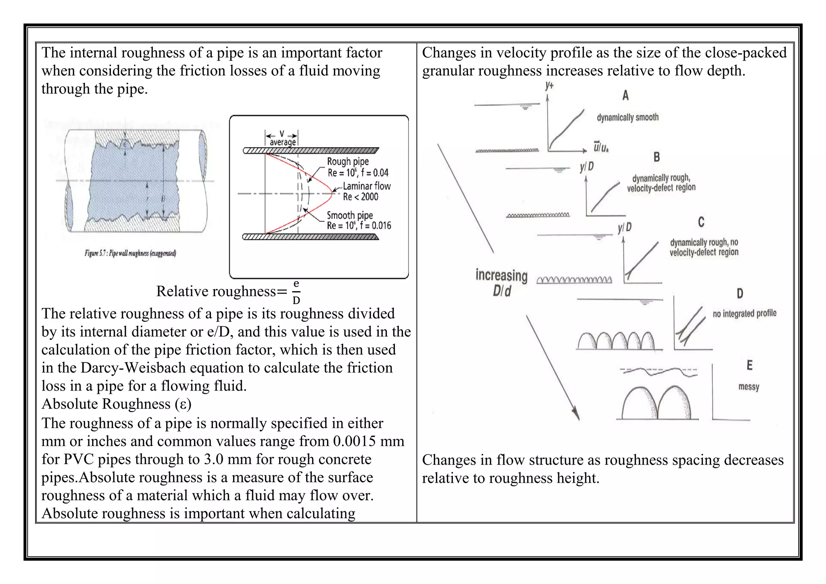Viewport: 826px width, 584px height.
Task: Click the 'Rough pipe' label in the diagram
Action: tap(348, 162)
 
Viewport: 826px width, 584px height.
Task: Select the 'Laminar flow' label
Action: tap(367, 186)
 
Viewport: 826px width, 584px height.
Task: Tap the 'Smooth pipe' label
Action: tap(349, 215)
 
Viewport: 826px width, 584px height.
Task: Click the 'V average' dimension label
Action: tap(282, 138)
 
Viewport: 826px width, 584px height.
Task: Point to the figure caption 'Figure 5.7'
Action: tap(130, 253)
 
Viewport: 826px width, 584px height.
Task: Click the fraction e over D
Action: tap(296, 292)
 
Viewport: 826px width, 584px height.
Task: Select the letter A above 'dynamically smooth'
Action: tap(625, 96)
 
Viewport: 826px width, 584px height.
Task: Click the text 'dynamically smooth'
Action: tap(628, 117)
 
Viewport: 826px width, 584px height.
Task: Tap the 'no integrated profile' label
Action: tap(744, 313)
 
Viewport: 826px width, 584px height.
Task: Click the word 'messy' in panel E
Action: tap(749, 386)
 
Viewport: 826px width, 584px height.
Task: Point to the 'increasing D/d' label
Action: tap(501, 283)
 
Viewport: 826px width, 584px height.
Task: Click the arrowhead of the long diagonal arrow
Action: tap(577, 415)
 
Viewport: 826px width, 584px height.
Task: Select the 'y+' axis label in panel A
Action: tap(549, 86)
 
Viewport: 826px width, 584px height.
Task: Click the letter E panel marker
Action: tap(749, 365)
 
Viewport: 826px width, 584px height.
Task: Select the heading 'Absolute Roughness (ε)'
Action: tap(116, 404)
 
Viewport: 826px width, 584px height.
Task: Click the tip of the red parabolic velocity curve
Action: tap(331, 193)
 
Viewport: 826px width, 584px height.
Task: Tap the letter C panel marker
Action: tap(701, 222)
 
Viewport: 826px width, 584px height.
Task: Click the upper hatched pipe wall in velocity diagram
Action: tap(311, 151)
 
